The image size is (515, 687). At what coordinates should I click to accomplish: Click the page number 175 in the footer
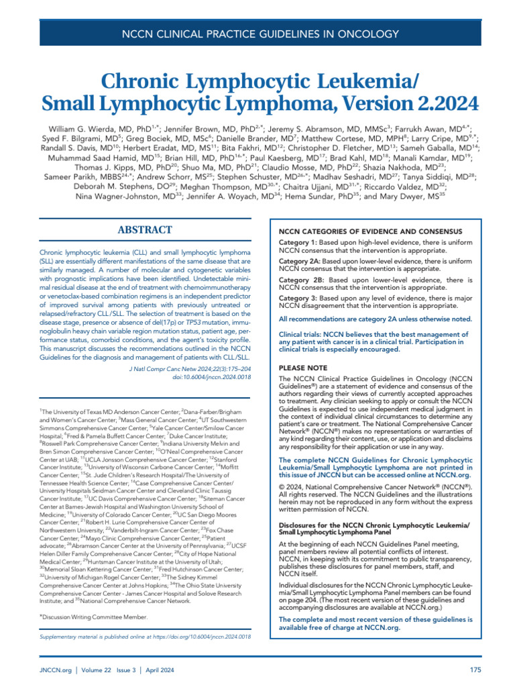475,670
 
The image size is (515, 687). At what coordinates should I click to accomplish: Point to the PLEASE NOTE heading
303,368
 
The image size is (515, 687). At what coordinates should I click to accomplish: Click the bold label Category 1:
299,242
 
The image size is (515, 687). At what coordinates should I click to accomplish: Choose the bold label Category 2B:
302,280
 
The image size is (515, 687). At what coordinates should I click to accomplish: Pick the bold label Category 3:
299,299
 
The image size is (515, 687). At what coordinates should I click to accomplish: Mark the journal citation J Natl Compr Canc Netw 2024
176,368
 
